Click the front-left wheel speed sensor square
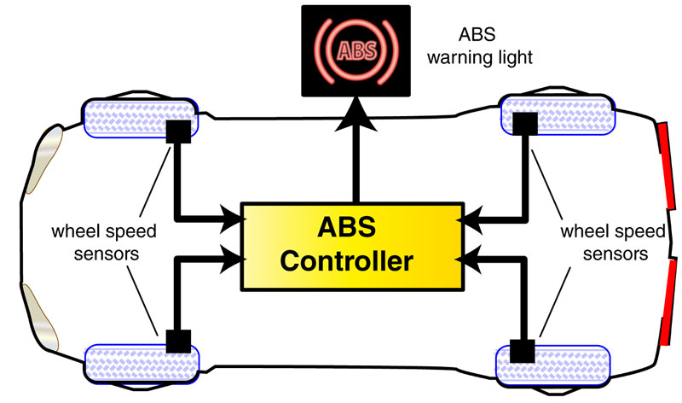point(178,131)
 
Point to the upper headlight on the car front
point(46,155)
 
